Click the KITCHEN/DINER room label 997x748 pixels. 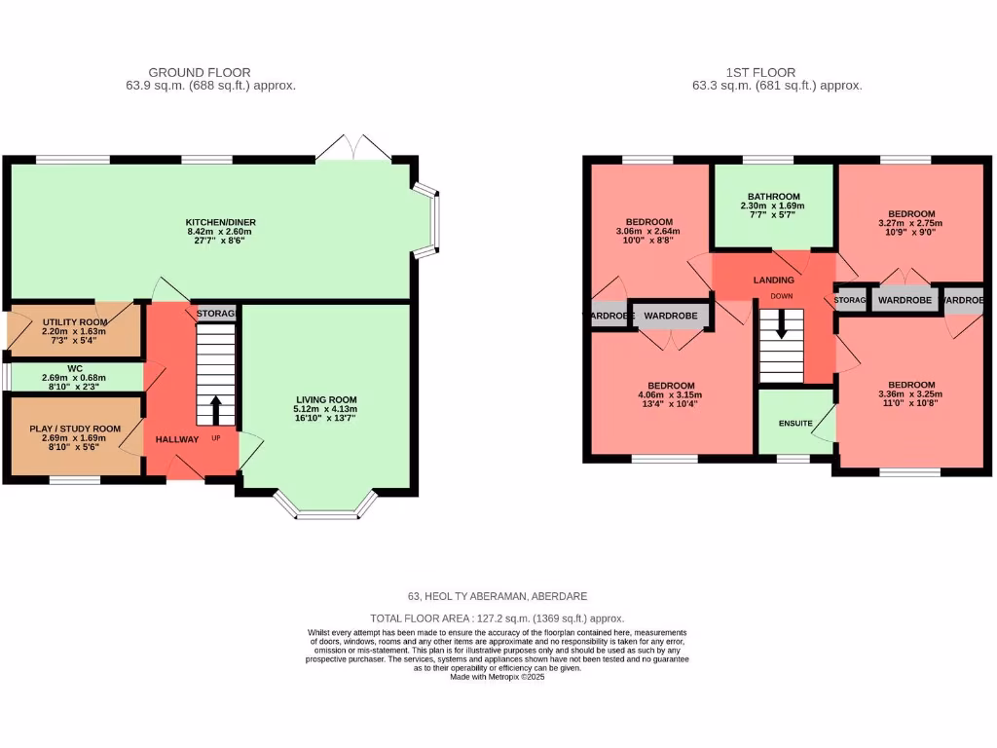tap(221, 222)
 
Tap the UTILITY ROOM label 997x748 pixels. tap(74, 321)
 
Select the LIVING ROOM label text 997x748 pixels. tap(327, 399)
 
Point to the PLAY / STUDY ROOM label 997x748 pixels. tap(74, 429)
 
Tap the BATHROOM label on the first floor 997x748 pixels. tap(774, 196)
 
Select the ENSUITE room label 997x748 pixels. tap(795, 424)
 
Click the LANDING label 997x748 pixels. tap(774, 280)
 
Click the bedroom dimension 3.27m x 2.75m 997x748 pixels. tap(911, 223)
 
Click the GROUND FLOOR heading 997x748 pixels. tap(200, 72)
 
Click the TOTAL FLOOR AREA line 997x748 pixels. tap(498, 618)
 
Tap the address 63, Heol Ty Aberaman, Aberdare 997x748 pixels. tap(498, 596)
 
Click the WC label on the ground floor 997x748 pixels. tap(74, 369)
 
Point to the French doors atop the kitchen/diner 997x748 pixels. tap(353, 148)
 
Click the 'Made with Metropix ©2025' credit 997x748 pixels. tap(498, 677)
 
